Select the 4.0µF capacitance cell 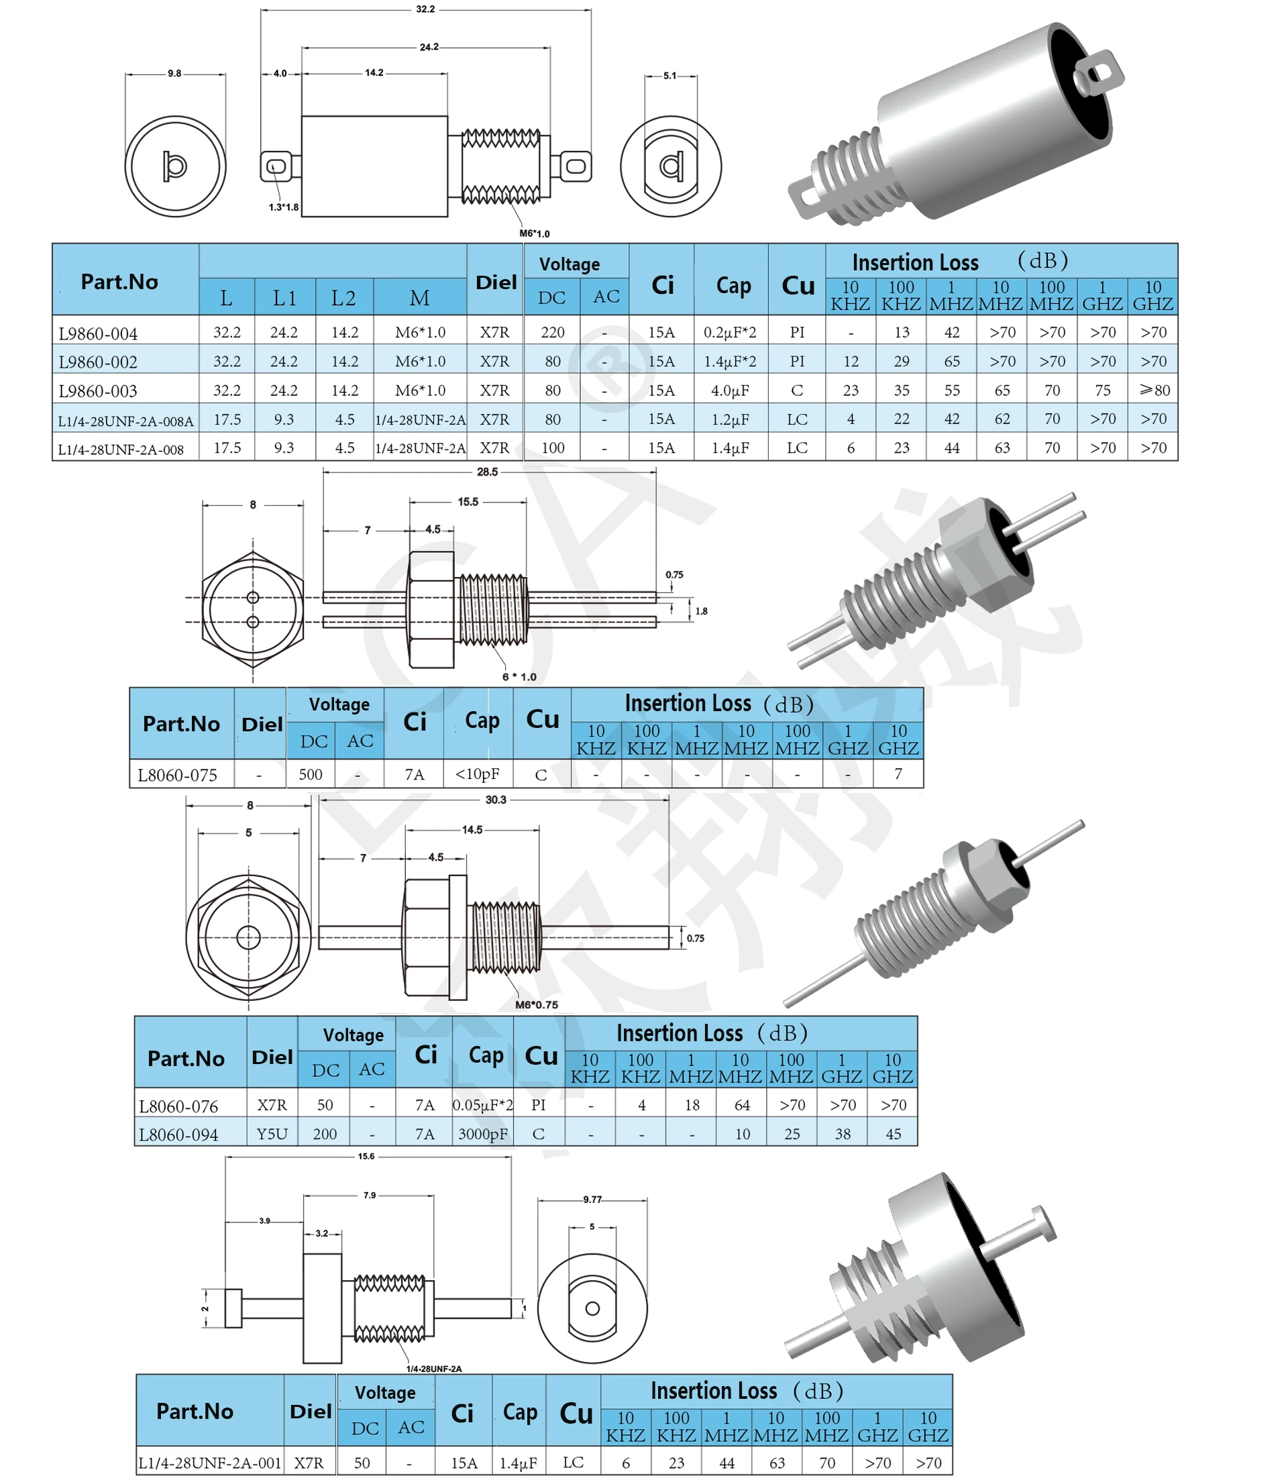[730, 390]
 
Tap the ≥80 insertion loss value [1154, 390]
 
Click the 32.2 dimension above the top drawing [425, 9]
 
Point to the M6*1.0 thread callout [534, 233]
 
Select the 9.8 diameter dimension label [174, 73]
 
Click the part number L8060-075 [177, 775]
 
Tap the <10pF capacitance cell [477, 774]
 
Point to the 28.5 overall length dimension [486, 472]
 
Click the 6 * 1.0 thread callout [519, 677]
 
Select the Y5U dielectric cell [272, 1134]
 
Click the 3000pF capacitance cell [482, 1135]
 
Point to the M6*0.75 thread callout [536, 1004]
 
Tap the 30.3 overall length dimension [495, 799]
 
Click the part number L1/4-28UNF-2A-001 [209, 1463]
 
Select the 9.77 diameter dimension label [592, 1199]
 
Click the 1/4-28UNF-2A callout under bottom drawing [434, 1369]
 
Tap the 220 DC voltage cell [553, 332]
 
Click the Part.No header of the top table [119, 282]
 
